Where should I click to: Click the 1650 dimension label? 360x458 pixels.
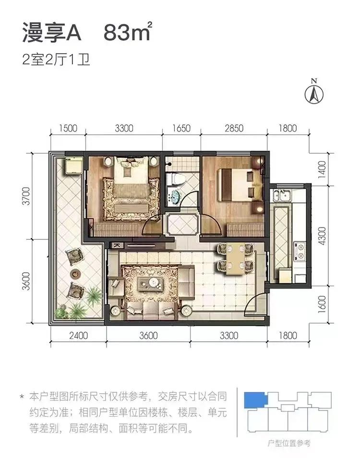(181, 128)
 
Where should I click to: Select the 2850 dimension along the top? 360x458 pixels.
(234, 128)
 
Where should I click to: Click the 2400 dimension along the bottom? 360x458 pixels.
(78, 336)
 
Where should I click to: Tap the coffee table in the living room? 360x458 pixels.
(152, 284)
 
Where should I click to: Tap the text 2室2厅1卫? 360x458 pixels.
(57, 61)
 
